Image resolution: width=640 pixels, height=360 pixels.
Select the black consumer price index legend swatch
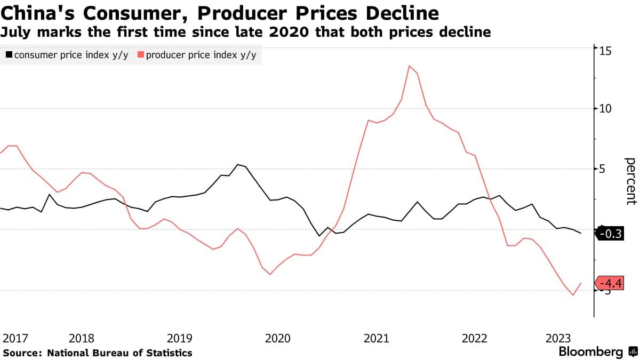pos(9,55)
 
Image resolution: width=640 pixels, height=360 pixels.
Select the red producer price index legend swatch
pos(141,55)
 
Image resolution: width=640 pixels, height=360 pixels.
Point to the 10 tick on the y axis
pos(604,108)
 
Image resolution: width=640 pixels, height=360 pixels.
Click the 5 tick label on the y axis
pos(601,169)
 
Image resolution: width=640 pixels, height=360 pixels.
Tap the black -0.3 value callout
pos(610,234)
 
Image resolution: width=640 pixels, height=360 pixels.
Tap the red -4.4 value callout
pos(610,283)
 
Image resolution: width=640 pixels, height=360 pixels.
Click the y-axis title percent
pos(630,181)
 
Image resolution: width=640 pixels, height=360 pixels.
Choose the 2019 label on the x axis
pos(180,338)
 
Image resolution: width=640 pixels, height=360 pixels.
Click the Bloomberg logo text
pos(590,352)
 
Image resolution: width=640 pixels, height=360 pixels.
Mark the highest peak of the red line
pos(409,66)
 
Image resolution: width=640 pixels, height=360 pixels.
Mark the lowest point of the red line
pos(573,295)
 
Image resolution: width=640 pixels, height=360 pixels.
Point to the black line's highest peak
pos(237,165)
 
